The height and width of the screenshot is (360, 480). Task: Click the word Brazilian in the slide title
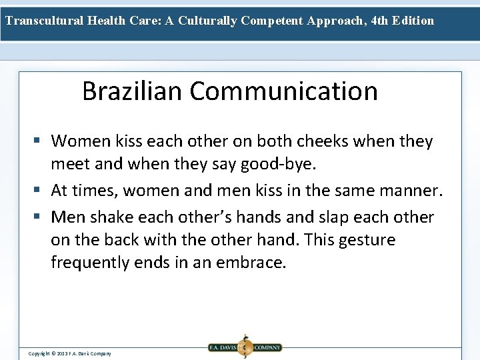[x=132, y=91]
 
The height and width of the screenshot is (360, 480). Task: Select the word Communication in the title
[x=283, y=91]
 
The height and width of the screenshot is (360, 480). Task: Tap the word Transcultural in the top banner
[x=45, y=21]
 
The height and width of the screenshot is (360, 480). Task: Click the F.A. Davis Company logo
[x=245, y=347]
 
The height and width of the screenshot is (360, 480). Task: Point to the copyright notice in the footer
[x=69, y=353]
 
